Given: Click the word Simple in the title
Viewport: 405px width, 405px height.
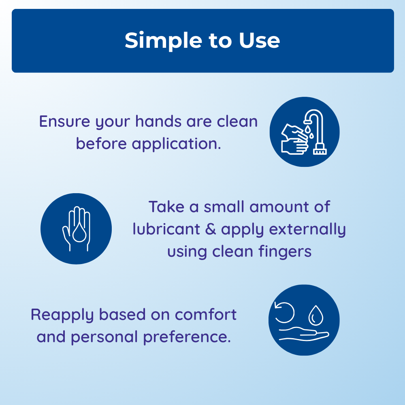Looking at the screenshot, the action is pyautogui.click(x=163, y=41).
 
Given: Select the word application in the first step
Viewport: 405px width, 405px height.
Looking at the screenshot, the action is pyautogui.click(x=177, y=144).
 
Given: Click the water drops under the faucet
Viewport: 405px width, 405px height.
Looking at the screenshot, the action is pyautogui.click(x=309, y=132).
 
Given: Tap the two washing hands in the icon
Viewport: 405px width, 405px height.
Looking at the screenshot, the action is pyautogui.click(x=294, y=139).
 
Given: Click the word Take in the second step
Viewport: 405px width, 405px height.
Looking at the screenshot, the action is pyautogui.click(x=166, y=207).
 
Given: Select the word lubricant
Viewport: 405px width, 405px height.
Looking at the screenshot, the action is pyautogui.click(x=166, y=229).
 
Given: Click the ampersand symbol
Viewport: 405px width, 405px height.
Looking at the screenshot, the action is pyautogui.click(x=211, y=229).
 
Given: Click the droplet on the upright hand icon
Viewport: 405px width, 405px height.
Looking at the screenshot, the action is pyautogui.click(x=79, y=232).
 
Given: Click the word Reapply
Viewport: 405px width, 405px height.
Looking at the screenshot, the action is pyautogui.click(x=62, y=315).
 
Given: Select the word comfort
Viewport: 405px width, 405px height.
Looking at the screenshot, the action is pyautogui.click(x=206, y=314).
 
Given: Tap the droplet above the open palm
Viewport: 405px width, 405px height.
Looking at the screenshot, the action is pyautogui.click(x=316, y=315).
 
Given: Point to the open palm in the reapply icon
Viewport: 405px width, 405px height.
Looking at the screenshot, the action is pyautogui.click(x=304, y=334).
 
